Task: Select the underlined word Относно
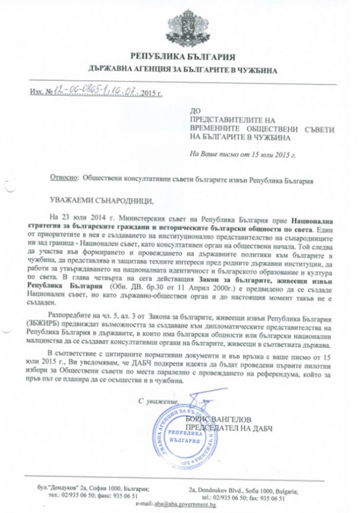64,179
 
